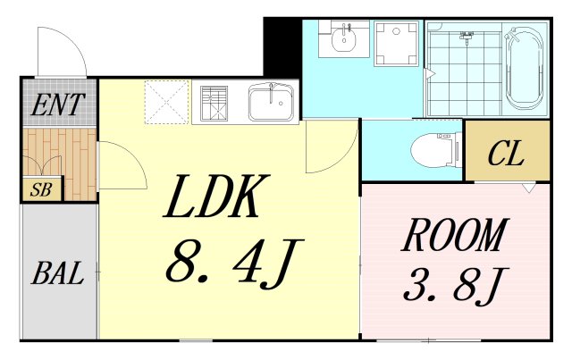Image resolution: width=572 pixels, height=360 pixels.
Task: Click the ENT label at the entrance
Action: [x=57, y=105]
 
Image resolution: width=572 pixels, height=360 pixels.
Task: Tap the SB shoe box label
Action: [x=41, y=189]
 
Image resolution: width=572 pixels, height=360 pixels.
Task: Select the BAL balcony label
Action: [x=57, y=272]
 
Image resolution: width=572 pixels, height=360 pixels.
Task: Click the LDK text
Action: [x=217, y=196]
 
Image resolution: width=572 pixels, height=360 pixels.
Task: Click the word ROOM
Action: [x=455, y=235]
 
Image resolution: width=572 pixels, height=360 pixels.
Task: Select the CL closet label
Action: [x=506, y=153]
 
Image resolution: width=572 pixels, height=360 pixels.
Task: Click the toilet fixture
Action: [x=436, y=149]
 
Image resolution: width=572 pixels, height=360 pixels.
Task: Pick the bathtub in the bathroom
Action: [x=525, y=68]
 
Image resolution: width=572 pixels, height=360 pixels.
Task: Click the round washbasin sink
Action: [x=343, y=38]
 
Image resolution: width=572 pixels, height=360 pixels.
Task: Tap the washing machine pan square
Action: [x=396, y=44]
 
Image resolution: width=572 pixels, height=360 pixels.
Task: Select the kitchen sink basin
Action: [x=271, y=103]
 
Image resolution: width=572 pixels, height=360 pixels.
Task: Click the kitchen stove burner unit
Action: [x=214, y=104]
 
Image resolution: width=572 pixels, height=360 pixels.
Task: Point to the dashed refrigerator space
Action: [x=166, y=102]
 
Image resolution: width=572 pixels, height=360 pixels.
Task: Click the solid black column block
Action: [x=282, y=47]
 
